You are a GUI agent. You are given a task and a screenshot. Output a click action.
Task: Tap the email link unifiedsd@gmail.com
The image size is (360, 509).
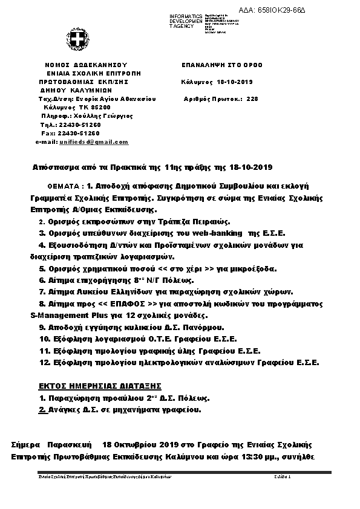pyautogui.click(x=94, y=142)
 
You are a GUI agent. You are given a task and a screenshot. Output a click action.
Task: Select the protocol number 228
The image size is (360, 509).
pyautogui.click(x=252, y=98)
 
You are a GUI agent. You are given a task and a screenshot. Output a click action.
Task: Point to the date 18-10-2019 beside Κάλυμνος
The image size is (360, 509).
pyautogui.click(x=235, y=82)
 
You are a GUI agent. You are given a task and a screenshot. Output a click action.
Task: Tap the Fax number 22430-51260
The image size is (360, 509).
pyautogui.click(x=79, y=133)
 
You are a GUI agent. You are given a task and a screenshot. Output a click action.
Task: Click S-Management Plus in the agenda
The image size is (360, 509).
pyautogui.click(x=64, y=316)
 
